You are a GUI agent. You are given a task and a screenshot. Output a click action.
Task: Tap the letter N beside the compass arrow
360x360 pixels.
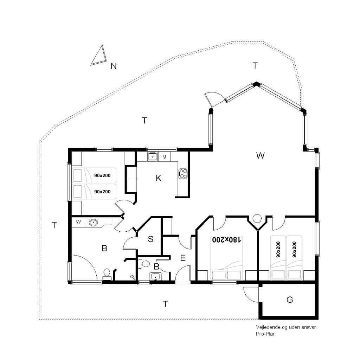(114, 66)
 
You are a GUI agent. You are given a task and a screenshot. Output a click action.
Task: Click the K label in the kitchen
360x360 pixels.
(159, 178)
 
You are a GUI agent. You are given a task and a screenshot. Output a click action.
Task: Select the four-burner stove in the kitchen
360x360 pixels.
(183, 174)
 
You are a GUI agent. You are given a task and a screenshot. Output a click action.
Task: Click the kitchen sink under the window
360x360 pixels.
(152, 156)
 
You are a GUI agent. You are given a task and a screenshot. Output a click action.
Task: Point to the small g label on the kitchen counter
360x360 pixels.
(165, 156)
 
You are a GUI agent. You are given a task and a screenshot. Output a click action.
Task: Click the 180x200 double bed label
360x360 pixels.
(226, 240)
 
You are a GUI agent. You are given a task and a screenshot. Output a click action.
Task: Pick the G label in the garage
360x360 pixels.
(290, 300)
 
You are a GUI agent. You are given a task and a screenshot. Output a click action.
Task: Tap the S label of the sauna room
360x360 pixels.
(150, 239)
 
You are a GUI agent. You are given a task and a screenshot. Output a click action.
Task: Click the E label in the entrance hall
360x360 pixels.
(183, 258)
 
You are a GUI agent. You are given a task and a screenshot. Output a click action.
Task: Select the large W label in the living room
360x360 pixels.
(260, 155)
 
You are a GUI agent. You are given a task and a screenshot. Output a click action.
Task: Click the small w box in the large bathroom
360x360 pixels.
(78, 222)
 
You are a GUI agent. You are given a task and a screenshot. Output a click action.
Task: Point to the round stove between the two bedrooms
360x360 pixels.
(257, 218)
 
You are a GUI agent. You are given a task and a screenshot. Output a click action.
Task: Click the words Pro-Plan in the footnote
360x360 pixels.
(266, 334)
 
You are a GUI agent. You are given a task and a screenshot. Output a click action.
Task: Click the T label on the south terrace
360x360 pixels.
(165, 304)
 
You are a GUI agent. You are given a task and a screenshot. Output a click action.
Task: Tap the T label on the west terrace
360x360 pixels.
(54, 225)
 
